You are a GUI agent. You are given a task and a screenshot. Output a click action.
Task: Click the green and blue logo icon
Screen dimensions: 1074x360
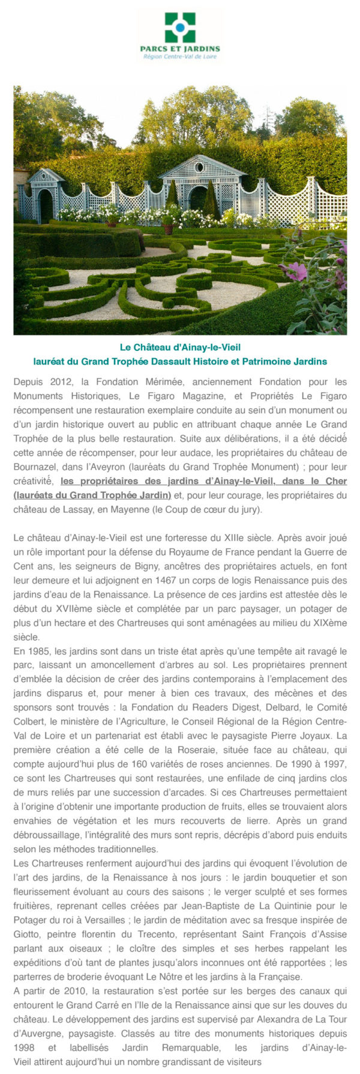(180, 27)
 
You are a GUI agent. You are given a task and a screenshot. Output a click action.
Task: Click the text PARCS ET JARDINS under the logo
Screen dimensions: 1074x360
(180, 49)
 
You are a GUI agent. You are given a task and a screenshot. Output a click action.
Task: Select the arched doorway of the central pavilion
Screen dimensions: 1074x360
(197, 198)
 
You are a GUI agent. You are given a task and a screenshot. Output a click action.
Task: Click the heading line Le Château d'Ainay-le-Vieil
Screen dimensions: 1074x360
(180, 347)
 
